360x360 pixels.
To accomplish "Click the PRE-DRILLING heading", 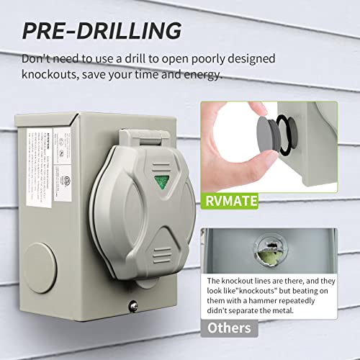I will coord(101,31).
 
